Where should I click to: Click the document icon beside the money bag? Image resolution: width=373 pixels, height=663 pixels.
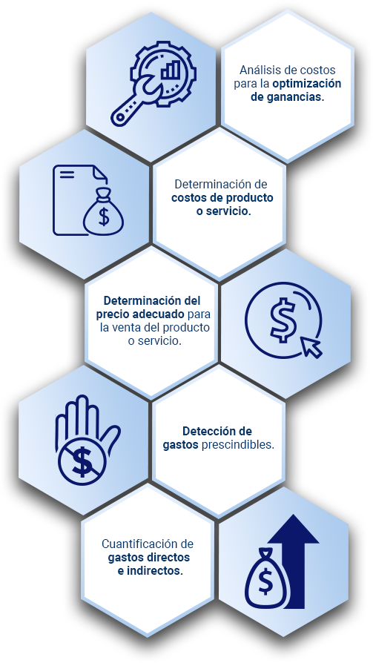coord(76,199)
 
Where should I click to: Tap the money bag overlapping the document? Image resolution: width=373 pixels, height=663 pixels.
coord(103,212)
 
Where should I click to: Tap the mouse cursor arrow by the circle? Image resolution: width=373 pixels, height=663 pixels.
coord(312,348)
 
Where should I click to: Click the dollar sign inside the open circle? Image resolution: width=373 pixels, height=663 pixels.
coord(282,320)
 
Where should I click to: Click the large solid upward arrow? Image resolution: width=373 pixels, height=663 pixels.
coord(294,561)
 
